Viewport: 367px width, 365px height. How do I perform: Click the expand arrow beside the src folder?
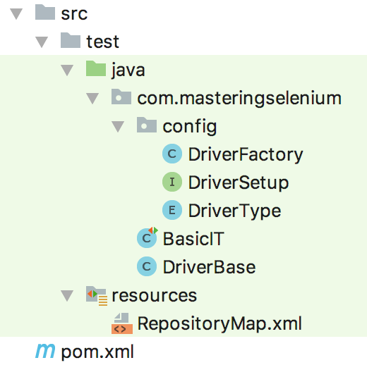(16, 13)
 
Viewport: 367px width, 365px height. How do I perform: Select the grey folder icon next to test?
(71, 40)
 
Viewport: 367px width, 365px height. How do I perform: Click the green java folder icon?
(96, 68)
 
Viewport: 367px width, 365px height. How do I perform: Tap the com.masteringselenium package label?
(239, 98)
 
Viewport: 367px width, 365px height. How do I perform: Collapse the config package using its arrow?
(118, 126)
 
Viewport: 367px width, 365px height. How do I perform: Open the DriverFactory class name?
(246, 154)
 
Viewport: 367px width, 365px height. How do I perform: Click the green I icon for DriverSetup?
(172, 182)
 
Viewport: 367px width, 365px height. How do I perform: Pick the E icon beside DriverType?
(172, 210)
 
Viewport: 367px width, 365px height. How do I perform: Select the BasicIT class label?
(193, 239)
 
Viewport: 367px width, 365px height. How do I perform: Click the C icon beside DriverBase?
(147, 266)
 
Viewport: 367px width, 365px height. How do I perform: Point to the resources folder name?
(155, 295)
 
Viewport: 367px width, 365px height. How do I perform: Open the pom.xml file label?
(97, 352)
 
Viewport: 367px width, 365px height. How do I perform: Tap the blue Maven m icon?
(45, 351)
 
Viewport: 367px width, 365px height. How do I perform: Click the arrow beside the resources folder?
(67, 295)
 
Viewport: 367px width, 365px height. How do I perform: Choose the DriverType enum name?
(235, 211)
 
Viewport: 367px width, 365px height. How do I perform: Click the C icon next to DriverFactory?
(172, 154)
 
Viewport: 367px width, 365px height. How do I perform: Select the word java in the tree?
(128, 70)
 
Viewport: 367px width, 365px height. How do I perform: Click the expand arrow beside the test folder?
(42, 42)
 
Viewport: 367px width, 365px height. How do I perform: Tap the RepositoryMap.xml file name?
(219, 324)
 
